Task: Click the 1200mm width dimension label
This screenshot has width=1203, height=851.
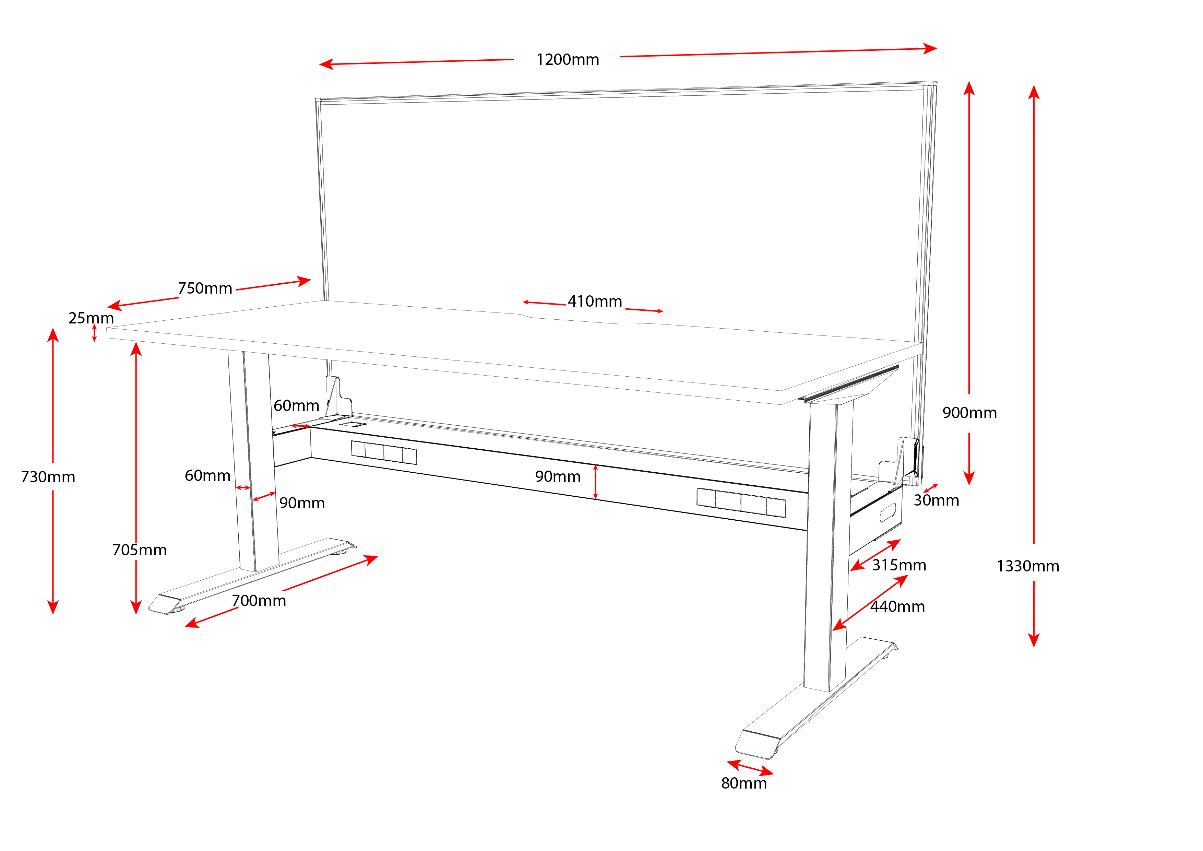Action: (568, 60)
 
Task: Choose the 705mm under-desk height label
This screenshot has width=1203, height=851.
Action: (139, 550)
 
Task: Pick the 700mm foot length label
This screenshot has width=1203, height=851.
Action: (259, 601)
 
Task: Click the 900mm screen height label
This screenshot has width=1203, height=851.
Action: (969, 413)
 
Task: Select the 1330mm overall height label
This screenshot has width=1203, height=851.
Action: (1027, 566)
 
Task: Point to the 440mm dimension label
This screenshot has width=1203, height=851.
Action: (897, 606)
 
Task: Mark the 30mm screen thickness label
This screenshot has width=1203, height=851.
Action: (936, 500)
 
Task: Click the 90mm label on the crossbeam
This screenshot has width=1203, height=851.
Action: (558, 476)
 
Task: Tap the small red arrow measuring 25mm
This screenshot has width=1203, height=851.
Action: (94, 333)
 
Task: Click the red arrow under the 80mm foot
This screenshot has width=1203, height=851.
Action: (750, 767)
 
